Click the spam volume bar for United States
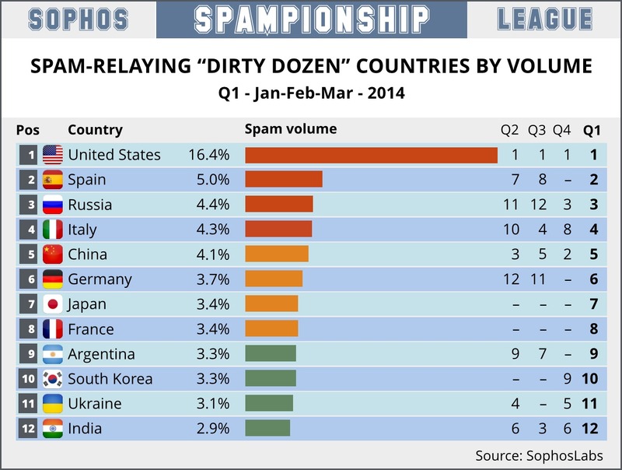pyautogui.click(x=371, y=155)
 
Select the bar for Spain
pyautogui.click(x=283, y=180)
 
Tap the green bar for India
pyautogui.click(x=267, y=429)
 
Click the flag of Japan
pyautogui.click(x=52, y=304)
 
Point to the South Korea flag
pyautogui.click(x=52, y=379)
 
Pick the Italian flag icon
pyautogui.click(x=52, y=230)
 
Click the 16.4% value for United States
pyautogui.click(x=208, y=155)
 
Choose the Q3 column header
pyautogui.click(x=537, y=130)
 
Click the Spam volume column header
pyautogui.click(x=291, y=129)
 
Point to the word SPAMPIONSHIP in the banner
pyautogui.click(x=311, y=19)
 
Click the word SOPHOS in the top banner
pyautogui.click(x=76, y=19)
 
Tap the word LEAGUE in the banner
pyautogui.click(x=545, y=19)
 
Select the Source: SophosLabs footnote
pyautogui.click(x=539, y=455)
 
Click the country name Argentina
pyautogui.click(x=101, y=354)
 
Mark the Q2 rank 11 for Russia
pyautogui.click(x=511, y=205)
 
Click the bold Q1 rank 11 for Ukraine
pyautogui.click(x=590, y=404)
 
